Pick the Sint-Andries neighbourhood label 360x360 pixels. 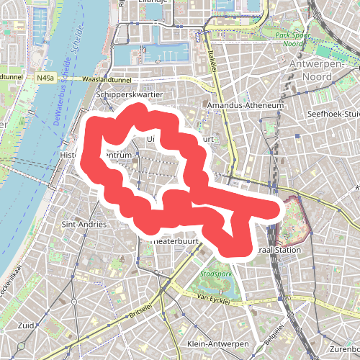(x=85, y=225)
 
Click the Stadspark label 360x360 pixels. (x=215, y=274)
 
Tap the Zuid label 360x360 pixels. (x=27, y=325)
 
